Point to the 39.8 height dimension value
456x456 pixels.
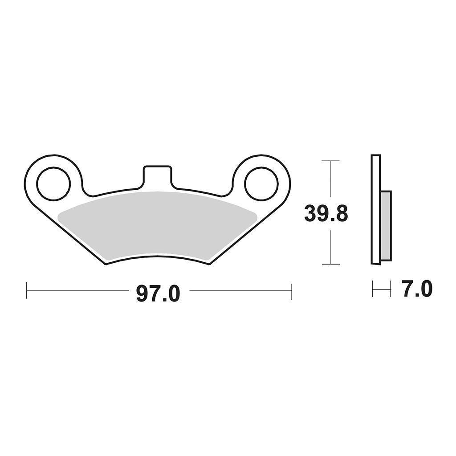326,213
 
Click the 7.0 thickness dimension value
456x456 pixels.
417,288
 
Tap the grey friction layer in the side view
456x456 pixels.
386,225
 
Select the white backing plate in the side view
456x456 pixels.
375,209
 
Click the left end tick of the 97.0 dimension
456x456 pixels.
26,290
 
